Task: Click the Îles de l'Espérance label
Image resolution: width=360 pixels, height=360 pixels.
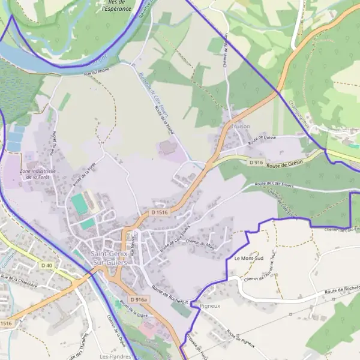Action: tap(116, 6)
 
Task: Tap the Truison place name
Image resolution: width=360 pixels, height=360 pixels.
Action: tap(239, 127)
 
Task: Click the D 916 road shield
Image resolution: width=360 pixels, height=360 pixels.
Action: tap(256, 162)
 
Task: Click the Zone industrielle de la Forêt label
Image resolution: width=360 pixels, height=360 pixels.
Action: tap(38, 174)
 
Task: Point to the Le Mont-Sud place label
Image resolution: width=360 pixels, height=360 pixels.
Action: tap(245, 259)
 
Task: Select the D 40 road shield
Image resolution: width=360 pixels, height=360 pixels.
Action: tap(47, 265)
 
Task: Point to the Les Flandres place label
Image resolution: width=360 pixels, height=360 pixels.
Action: tap(112, 356)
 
